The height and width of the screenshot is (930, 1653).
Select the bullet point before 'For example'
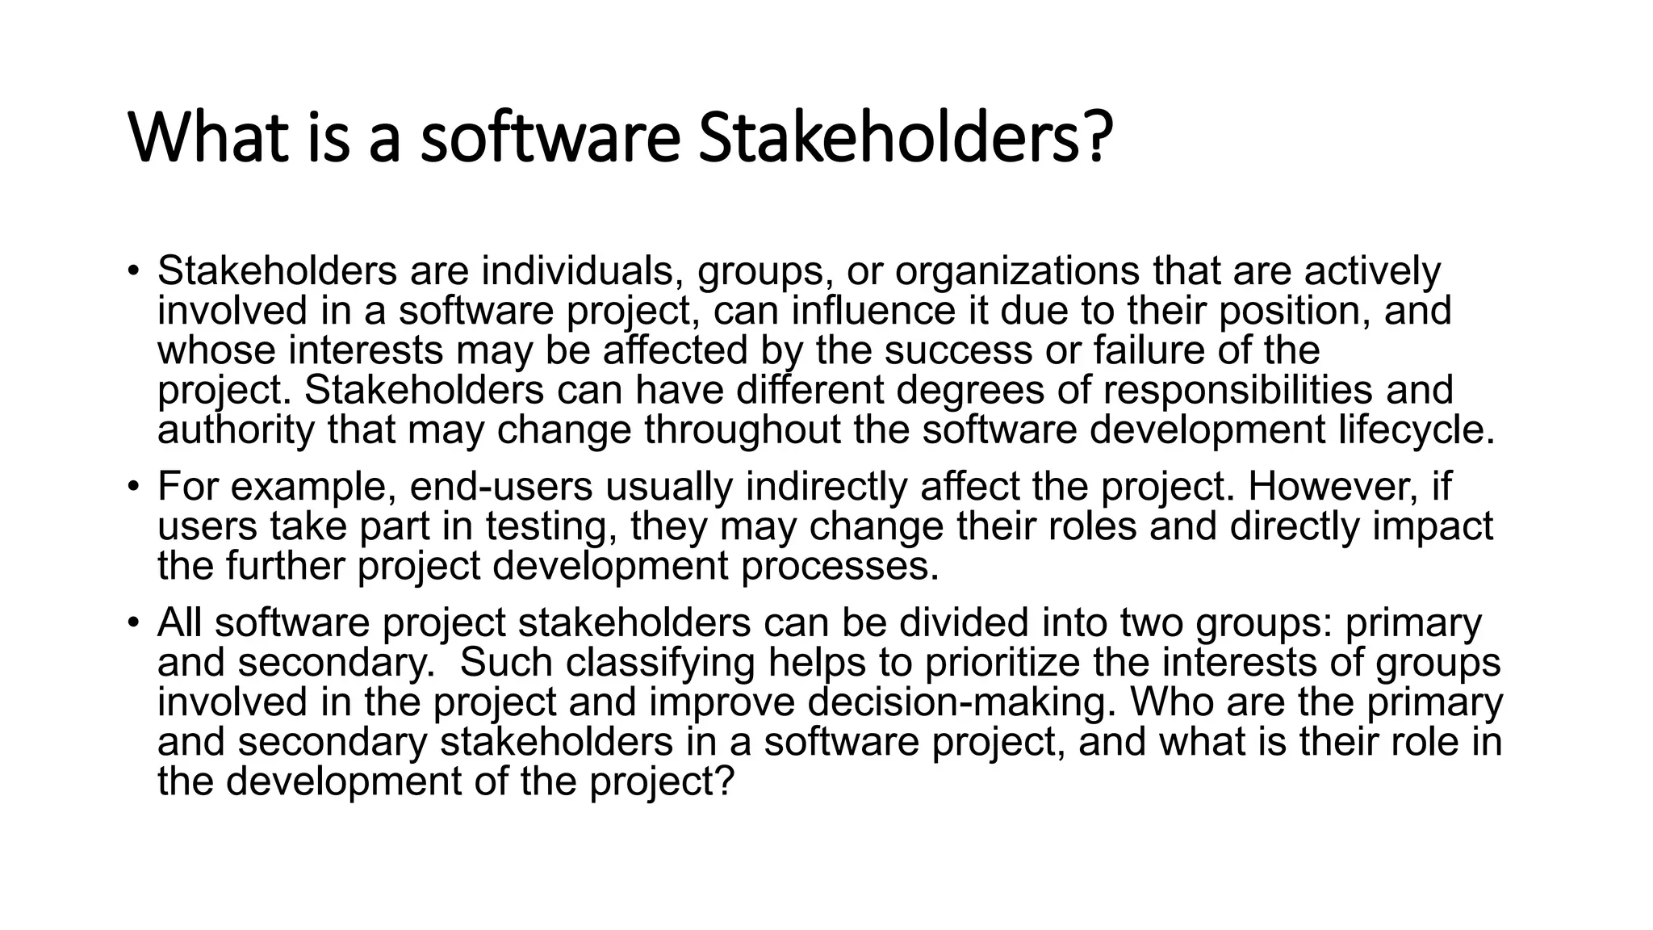point(133,487)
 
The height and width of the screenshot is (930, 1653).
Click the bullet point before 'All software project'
point(133,623)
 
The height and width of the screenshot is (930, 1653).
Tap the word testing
point(551,526)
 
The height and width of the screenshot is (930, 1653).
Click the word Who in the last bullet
point(1170,702)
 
